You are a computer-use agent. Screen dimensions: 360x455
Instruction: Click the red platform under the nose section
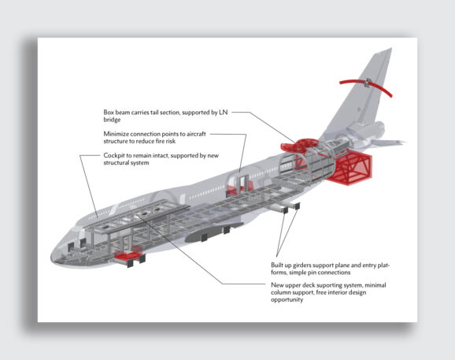tap(127, 256)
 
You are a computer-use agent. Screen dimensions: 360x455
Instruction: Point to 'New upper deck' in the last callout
tap(295, 284)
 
